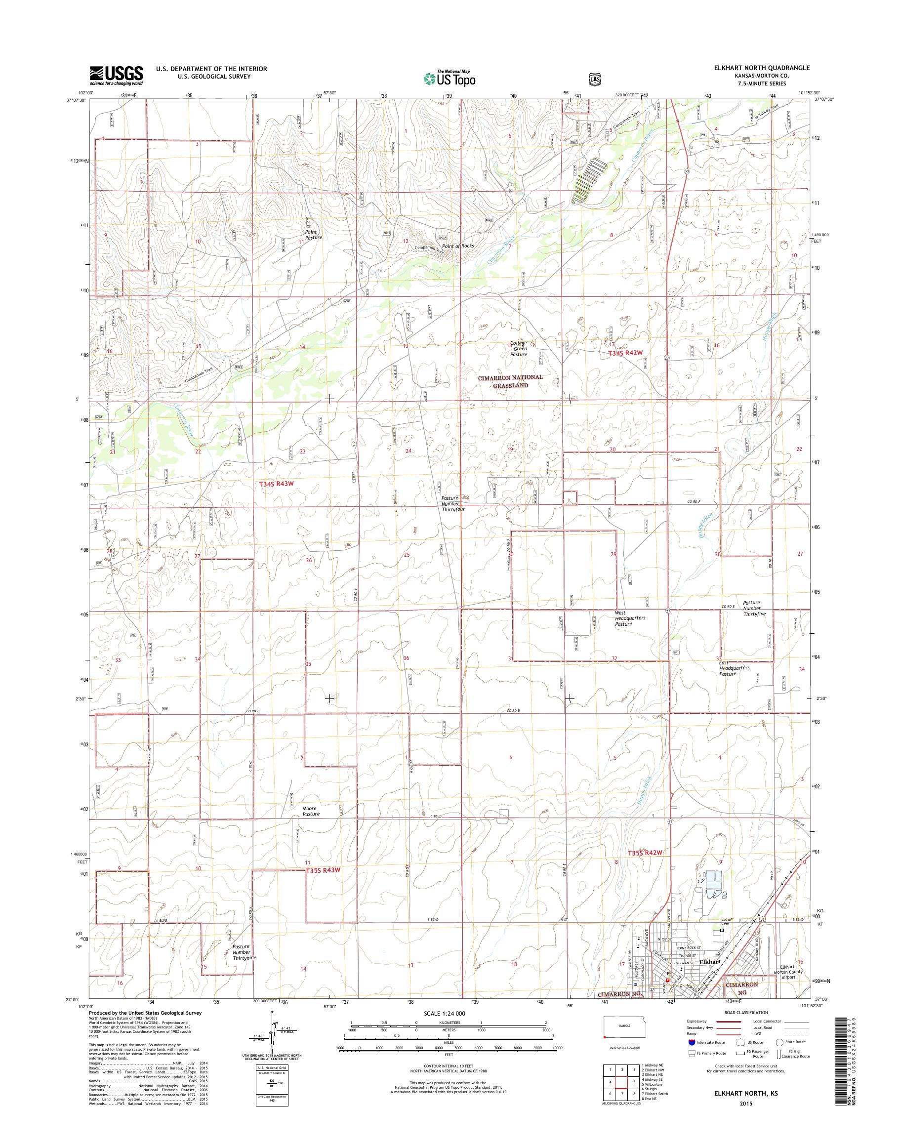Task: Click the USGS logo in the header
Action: (116, 75)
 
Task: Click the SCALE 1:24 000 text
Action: (444, 1013)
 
